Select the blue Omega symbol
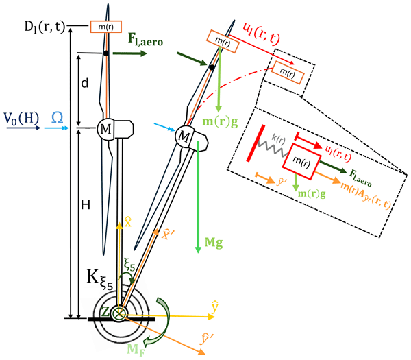tap(58, 118)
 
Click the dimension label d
tap(84, 83)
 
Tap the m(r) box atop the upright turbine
tap(105, 26)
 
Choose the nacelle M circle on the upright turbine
tap(106, 130)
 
